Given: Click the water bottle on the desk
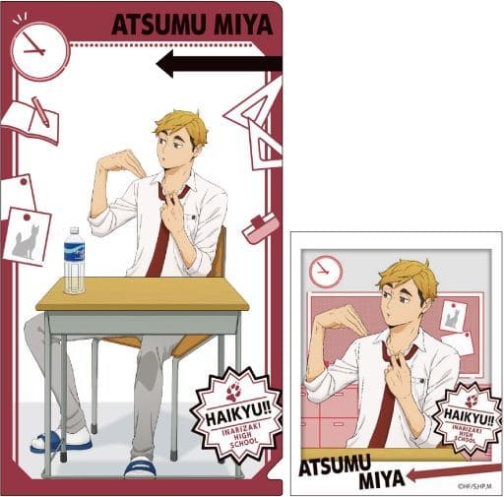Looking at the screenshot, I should (74, 261).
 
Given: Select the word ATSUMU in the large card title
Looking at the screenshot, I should (162, 24).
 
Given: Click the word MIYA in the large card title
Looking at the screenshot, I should (245, 24).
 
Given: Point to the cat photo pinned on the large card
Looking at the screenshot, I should (27, 236).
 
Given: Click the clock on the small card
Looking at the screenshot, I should (325, 272).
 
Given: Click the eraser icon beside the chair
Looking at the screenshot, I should (259, 228).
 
